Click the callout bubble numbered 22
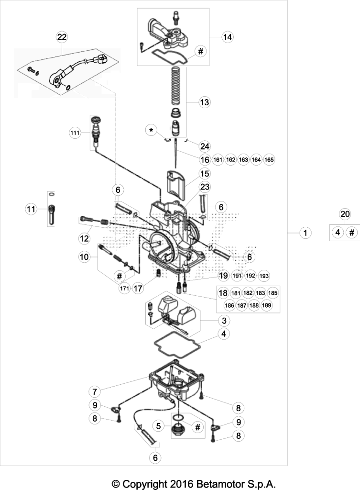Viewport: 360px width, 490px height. [x=62, y=37]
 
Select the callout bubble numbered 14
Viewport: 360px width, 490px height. [x=228, y=37]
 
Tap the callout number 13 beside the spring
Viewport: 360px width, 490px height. [x=204, y=102]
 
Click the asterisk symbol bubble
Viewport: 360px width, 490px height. [x=152, y=130]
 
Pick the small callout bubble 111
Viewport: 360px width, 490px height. [x=75, y=133]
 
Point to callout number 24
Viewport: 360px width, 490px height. [x=205, y=146]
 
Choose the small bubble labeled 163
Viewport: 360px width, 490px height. [x=243, y=160]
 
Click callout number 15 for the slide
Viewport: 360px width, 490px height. [x=205, y=173]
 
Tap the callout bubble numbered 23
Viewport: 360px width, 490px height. [x=205, y=187]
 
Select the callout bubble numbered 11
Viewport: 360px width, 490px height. [x=31, y=209]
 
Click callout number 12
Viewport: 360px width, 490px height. [x=84, y=238]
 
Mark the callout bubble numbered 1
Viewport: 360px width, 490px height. [x=305, y=233]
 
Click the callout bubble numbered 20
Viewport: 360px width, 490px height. [x=345, y=214]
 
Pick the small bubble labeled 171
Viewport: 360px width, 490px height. [x=124, y=289]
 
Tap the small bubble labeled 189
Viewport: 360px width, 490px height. [x=267, y=305]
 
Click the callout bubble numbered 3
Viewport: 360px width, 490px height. [x=224, y=320]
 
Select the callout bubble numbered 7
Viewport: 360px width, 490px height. [x=95, y=391]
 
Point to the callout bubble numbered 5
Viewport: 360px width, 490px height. [x=158, y=425]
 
